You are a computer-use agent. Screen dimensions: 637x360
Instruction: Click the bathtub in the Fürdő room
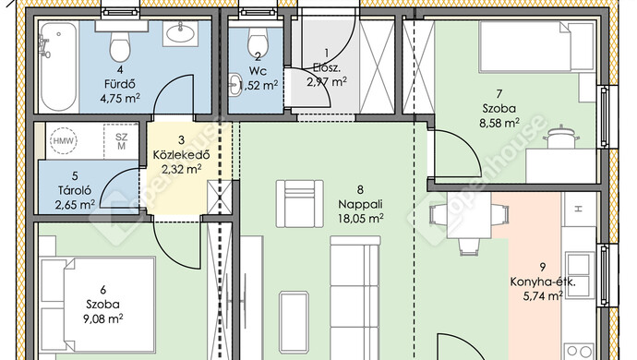point(59,66)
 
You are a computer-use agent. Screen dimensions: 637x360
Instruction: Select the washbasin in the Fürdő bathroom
point(180,33)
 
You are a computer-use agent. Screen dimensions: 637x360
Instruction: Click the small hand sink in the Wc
point(234,85)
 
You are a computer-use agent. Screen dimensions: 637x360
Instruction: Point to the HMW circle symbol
point(64,141)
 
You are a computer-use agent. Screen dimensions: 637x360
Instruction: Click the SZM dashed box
point(121,141)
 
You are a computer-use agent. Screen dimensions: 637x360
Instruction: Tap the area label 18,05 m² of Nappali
point(361,219)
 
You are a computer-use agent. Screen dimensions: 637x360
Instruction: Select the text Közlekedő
point(181,155)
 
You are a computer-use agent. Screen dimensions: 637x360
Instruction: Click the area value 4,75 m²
point(120,99)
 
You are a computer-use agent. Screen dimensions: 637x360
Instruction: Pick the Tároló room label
point(75,190)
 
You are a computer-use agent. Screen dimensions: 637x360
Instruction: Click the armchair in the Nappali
point(300,204)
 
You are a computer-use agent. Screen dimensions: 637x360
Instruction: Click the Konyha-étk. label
point(543,282)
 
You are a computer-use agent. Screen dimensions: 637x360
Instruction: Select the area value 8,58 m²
point(499,123)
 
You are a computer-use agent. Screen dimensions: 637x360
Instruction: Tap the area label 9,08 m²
point(103,319)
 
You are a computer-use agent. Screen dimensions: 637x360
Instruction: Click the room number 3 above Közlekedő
point(181,140)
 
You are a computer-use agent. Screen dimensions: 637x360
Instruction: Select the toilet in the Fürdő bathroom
point(120,42)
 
